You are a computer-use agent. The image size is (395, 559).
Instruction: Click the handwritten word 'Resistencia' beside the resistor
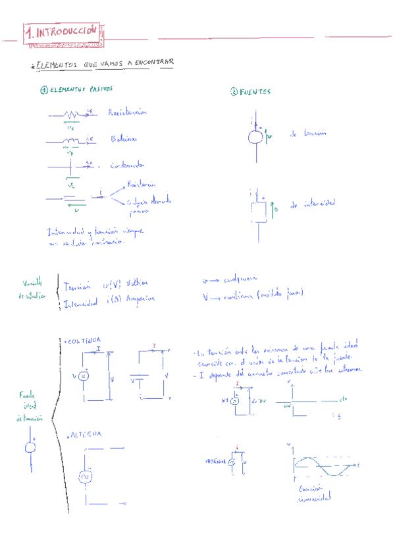[128, 113]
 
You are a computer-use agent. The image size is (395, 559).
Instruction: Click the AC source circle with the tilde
[84, 475]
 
